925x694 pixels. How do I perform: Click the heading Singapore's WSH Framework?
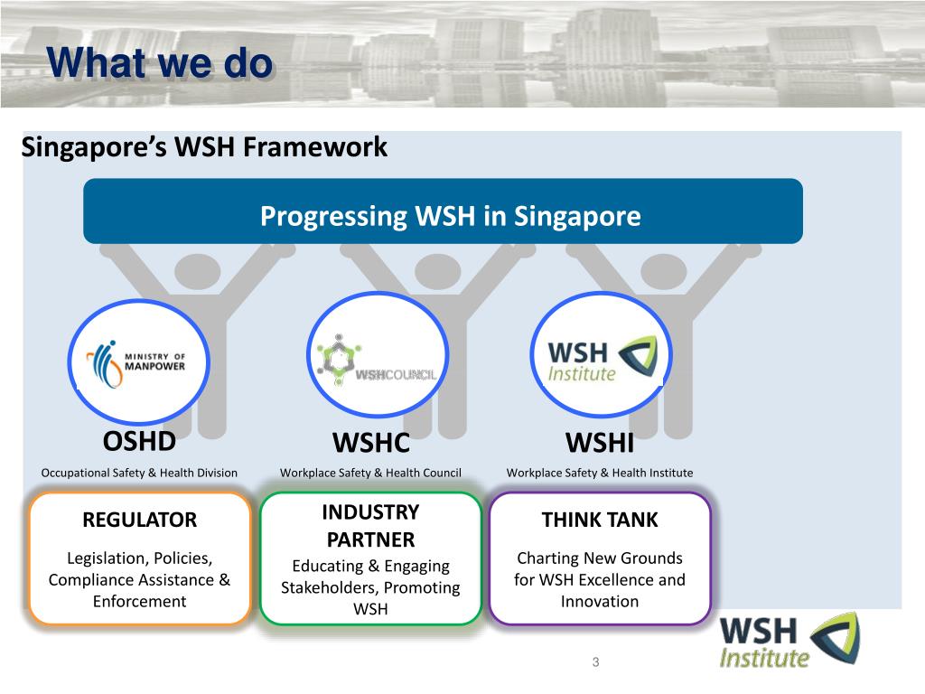point(204,146)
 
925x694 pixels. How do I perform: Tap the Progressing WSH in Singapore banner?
point(450,217)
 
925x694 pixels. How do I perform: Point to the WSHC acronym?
point(371,443)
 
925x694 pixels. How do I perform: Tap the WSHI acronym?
point(600,443)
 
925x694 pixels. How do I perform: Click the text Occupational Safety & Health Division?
point(139,473)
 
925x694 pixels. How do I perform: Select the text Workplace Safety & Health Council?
point(370,473)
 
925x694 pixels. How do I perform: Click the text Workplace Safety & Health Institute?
point(600,473)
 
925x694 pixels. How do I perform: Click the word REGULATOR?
point(139,520)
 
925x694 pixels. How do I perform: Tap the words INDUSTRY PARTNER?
point(370,526)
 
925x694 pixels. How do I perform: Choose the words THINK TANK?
point(600,520)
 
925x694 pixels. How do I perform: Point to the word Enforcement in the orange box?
point(139,601)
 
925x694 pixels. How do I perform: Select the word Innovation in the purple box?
point(600,601)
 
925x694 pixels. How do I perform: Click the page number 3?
point(595,662)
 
